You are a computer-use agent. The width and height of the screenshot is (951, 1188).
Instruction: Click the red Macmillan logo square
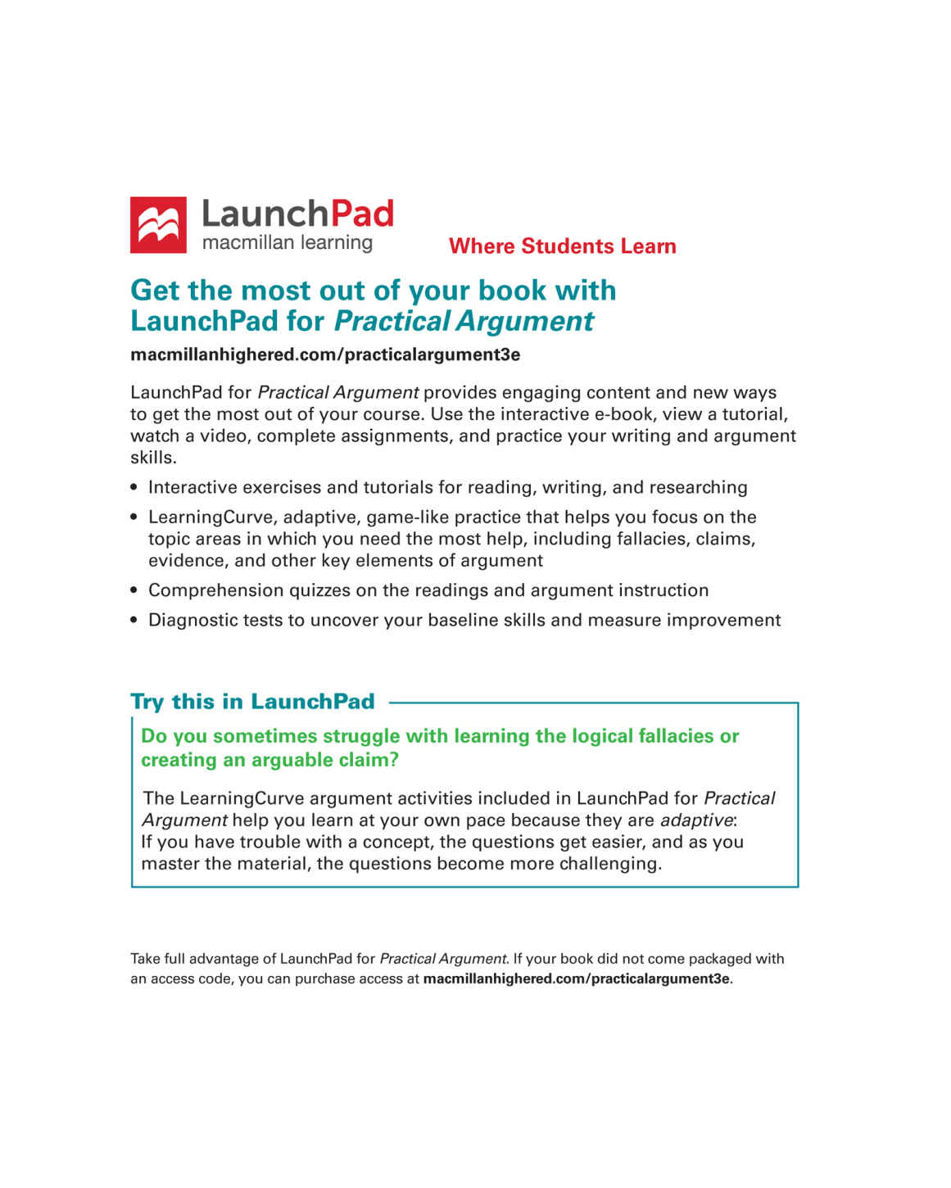[x=158, y=224]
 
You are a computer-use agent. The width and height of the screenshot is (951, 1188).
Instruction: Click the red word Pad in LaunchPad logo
[x=361, y=215]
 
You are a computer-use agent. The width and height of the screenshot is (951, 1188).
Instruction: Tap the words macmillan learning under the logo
[x=287, y=243]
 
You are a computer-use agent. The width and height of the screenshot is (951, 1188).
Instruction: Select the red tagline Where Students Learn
[x=562, y=246]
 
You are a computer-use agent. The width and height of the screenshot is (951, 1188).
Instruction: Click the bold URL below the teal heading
[x=325, y=355]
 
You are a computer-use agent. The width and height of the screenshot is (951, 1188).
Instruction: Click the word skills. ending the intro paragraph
[x=153, y=458]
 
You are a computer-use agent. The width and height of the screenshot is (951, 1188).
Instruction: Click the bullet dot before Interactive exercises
[x=134, y=488]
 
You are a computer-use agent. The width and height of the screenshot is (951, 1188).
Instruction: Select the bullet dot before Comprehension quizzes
[x=134, y=591]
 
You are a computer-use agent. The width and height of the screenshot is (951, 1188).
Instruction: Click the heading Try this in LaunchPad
[x=252, y=702]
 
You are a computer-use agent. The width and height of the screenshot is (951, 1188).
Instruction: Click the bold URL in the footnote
[x=576, y=979]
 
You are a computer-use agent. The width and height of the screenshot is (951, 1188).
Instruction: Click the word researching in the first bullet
[x=698, y=488]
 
